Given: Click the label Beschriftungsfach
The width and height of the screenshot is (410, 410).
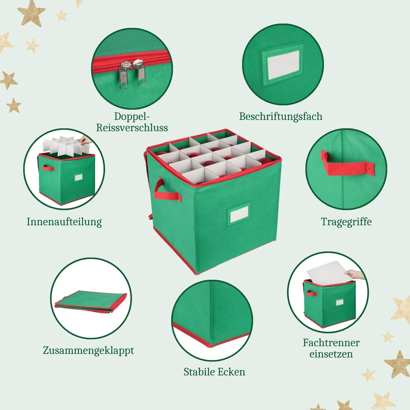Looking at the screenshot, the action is [281, 117].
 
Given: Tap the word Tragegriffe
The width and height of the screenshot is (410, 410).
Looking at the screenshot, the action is [346, 222].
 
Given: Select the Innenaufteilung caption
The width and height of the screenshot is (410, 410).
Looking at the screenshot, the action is [64, 222].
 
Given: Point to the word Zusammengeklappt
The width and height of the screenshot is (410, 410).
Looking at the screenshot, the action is [88, 351].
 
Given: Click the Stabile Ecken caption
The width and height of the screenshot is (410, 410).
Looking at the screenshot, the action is [214, 372].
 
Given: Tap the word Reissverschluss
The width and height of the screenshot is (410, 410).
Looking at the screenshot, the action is [132, 128].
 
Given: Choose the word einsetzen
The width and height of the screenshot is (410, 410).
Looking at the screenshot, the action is [331, 354].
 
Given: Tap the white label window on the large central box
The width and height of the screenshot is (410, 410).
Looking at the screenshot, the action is [239, 213].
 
